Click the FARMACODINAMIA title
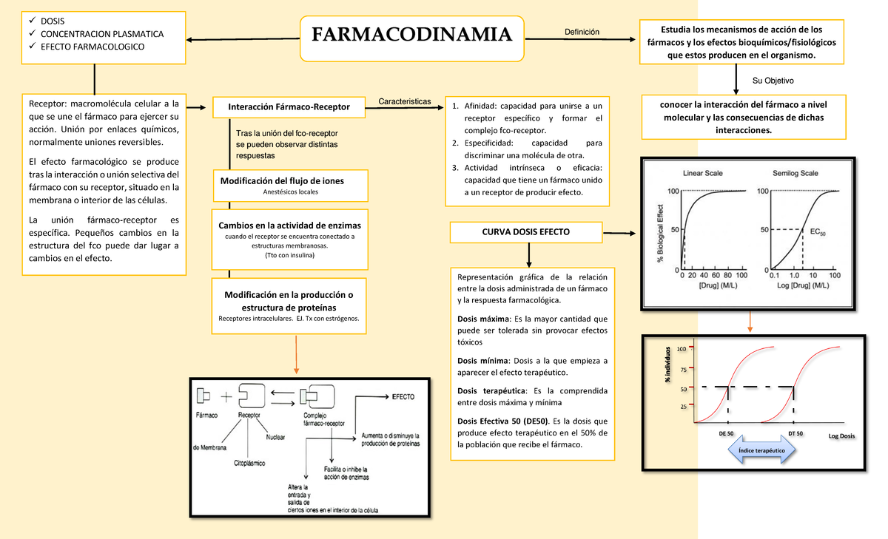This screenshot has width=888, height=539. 411,35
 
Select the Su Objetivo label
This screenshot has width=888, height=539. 773,80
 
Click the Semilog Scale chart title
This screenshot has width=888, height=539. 795,173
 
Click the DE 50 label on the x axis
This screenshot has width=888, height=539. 726,434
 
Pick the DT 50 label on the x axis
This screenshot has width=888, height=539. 796,434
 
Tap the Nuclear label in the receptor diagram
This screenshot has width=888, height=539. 275,437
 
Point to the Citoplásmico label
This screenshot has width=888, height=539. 249,463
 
